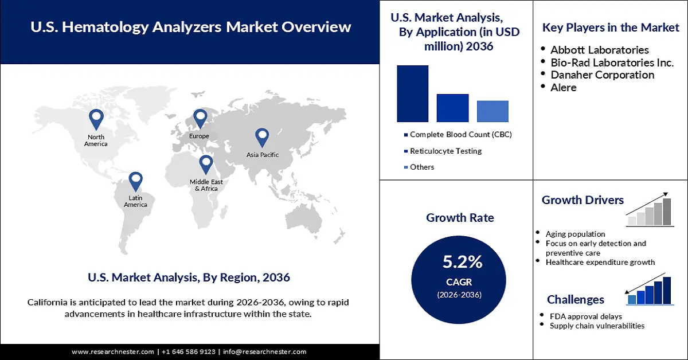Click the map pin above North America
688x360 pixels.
click(x=96, y=119)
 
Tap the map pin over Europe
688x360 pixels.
click(x=200, y=119)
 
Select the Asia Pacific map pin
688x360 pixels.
click(x=262, y=137)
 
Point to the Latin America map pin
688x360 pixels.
click(x=135, y=181)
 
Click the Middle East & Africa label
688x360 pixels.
click(x=206, y=185)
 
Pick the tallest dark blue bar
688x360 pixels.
click(x=412, y=93)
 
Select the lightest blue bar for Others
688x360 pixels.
click(x=492, y=111)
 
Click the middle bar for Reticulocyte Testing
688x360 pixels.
click(x=452, y=108)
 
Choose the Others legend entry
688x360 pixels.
click(x=422, y=167)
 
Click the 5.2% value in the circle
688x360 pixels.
click(x=462, y=263)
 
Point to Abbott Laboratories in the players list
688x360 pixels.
click(x=600, y=50)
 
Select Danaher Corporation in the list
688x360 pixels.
click(x=602, y=75)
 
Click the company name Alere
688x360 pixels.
click(x=564, y=88)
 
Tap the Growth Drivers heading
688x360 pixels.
click(x=583, y=200)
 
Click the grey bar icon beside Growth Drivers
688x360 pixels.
click(x=649, y=210)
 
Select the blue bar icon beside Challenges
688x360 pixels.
click(x=649, y=290)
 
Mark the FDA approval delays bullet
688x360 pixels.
click(x=585, y=316)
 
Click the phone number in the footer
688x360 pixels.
click(x=188, y=351)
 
